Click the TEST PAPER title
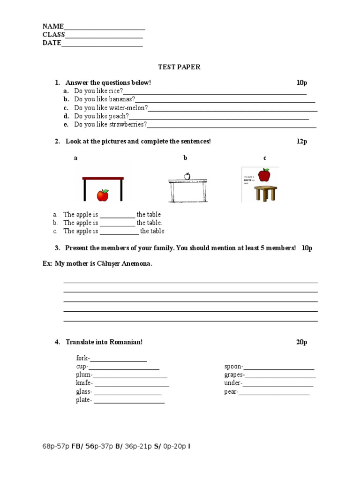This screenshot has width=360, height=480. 179,67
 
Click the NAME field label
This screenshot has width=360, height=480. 53,26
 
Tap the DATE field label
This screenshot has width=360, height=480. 52,43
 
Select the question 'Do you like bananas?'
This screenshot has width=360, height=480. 105,99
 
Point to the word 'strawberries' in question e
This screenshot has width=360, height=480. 127,125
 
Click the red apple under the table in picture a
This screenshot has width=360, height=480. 103,195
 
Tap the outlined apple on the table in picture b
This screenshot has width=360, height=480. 187,176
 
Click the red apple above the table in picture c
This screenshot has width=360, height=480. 264,175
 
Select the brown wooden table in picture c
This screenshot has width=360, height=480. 265,193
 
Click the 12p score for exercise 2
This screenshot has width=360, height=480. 301,142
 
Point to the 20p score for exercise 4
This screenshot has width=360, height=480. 301,342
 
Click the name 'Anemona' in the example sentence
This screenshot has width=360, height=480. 137,264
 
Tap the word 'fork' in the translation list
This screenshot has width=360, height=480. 82,358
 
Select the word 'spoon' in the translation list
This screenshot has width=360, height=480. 233,367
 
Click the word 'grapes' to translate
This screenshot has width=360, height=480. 234,375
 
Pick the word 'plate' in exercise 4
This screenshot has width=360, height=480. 83,400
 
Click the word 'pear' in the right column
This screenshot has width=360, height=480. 231,392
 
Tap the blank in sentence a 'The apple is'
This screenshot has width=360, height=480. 117,215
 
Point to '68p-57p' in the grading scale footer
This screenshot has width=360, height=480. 56,446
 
